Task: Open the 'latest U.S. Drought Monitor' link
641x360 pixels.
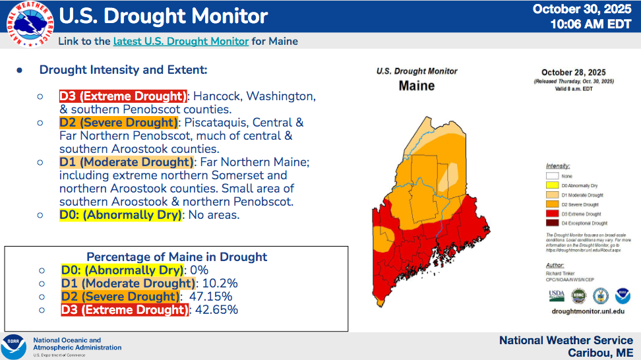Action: (x=181, y=41)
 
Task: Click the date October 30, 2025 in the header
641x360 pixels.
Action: (x=582, y=9)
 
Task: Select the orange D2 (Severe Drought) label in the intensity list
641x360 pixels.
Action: (x=119, y=123)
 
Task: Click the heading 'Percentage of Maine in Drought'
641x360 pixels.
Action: (x=177, y=257)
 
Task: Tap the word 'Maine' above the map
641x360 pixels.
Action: (x=417, y=86)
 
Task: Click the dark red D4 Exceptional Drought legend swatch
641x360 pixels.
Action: (x=553, y=224)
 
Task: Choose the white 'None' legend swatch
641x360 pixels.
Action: (x=553, y=176)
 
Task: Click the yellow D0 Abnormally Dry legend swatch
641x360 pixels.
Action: (x=553, y=185)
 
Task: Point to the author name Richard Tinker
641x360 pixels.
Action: (x=560, y=273)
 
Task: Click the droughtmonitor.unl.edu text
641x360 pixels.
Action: (x=587, y=310)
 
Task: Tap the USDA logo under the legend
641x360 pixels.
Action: (x=557, y=295)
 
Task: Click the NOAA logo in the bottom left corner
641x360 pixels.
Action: (x=14, y=346)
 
